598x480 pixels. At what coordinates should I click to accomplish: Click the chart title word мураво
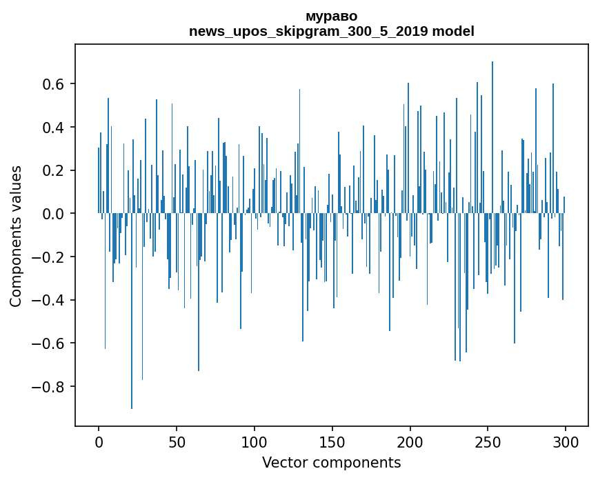pyautogui.click(x=331, y=16)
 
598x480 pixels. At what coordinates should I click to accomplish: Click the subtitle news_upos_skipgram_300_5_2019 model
pyautogui.click(x=331, y=31)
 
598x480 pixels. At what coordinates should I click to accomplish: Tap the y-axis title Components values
pyautogui.click(x=16, y=236)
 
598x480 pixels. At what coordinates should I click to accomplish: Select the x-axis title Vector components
pyautogui.click(x=331, y=462)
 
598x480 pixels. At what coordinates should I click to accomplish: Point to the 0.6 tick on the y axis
pyautogui.click(x=54, y=84)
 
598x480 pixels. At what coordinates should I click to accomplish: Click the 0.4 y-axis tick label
pyautogui.click(x=54, y=128)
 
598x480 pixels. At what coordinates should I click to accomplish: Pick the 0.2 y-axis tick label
pyautogui.click(x=54, y=170)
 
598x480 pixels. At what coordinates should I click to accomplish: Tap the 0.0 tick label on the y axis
pyautogui.click(x=54, y=214)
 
